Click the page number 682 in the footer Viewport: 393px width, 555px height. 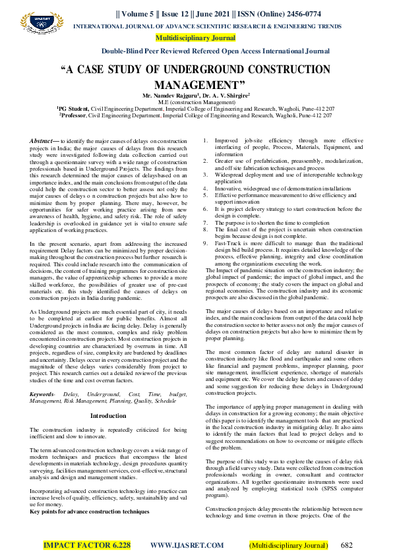click(x=347, y=545)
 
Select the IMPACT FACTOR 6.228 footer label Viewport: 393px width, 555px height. click(x=87, y=545)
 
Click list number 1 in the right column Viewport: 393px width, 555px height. click(x=205, y=141)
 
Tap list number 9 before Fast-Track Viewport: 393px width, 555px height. click(x=205, y=224)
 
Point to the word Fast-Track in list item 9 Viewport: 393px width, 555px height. click(x=228, y=224)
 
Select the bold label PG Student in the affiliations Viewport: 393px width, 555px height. click(x=77, y=108)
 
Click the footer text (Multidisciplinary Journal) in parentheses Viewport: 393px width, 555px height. click(x=287, y=545)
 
